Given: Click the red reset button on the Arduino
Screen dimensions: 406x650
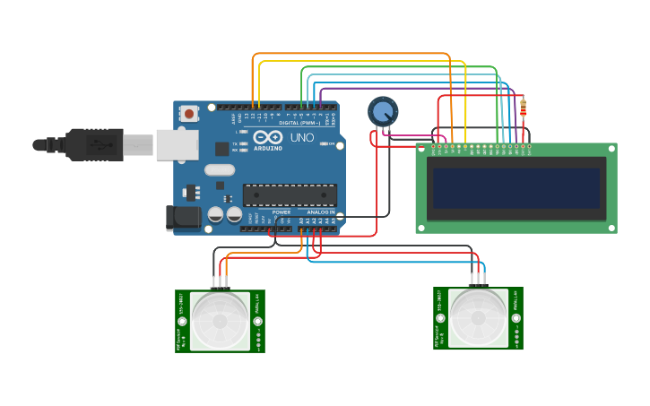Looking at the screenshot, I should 189,114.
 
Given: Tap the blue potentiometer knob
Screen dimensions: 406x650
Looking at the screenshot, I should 383,112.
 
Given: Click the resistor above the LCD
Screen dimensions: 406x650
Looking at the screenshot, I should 523,108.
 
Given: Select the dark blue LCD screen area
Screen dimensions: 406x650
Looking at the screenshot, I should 516,188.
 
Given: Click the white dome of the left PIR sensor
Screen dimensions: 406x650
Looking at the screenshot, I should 220,321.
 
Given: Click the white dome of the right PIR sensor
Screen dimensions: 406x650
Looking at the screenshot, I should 478,317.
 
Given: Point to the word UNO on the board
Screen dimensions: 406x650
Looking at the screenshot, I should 302,138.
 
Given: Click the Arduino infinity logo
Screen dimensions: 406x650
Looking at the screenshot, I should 268,138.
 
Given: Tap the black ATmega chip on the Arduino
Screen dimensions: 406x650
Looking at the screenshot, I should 290,195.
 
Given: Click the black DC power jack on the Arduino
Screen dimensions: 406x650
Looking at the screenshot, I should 184,218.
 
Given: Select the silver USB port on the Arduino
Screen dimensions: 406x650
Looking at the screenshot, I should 177,144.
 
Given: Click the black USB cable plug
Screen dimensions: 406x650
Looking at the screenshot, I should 94,144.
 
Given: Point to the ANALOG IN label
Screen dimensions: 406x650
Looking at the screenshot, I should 321,212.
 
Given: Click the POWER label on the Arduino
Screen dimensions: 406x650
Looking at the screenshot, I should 282,212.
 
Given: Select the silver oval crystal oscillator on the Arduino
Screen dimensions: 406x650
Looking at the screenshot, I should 220,169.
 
